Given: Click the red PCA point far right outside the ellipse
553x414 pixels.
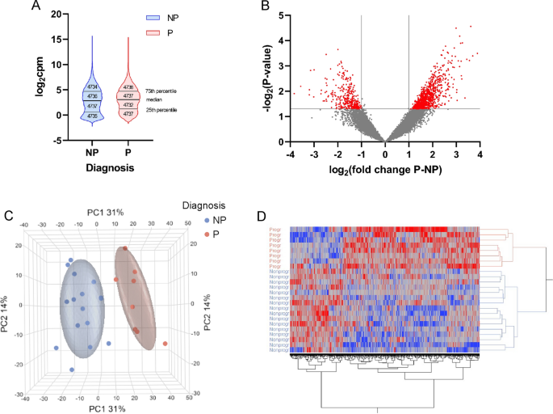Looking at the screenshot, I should point(165,344).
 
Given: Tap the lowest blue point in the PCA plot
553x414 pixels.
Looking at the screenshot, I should point(72,370).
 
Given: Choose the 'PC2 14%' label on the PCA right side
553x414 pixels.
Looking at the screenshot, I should point(204,303).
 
